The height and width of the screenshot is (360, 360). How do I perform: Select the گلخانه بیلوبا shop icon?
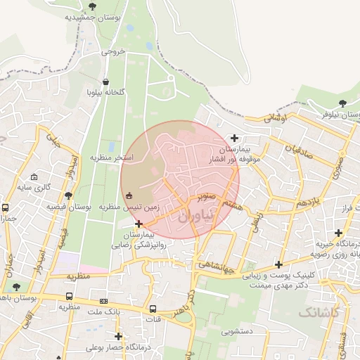coord(106,82)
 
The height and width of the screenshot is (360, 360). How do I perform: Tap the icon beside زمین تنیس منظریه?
coord(128,195)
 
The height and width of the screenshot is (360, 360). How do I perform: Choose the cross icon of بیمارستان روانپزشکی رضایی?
coord(139,223)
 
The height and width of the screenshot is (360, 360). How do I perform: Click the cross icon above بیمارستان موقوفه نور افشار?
coord(235,138)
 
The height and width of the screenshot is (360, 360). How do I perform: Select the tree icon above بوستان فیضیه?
coord(68,196)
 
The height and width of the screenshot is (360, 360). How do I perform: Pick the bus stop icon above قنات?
coord(153,309)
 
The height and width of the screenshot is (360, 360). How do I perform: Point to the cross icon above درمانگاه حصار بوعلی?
coord(118,336)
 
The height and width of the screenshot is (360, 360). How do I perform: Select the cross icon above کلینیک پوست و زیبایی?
coord(279,265)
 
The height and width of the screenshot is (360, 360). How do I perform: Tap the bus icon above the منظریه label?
coord(69,296)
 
